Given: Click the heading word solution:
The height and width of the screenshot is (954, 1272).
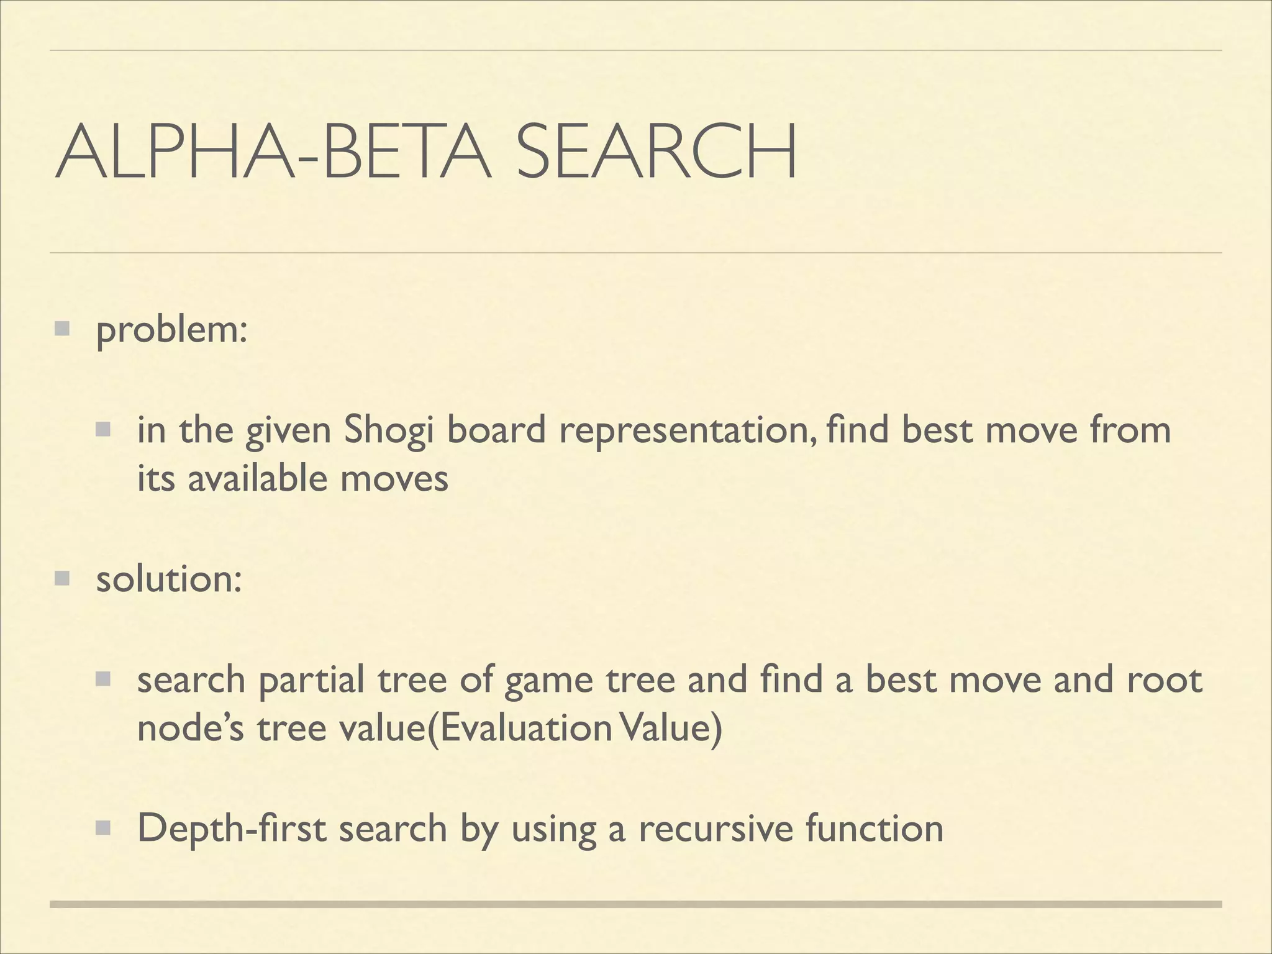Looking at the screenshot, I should tap(168, 579).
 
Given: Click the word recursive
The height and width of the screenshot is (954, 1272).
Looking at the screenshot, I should tap(715, 828).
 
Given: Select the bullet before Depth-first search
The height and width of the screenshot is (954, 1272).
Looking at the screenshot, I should tap(102, 827).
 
